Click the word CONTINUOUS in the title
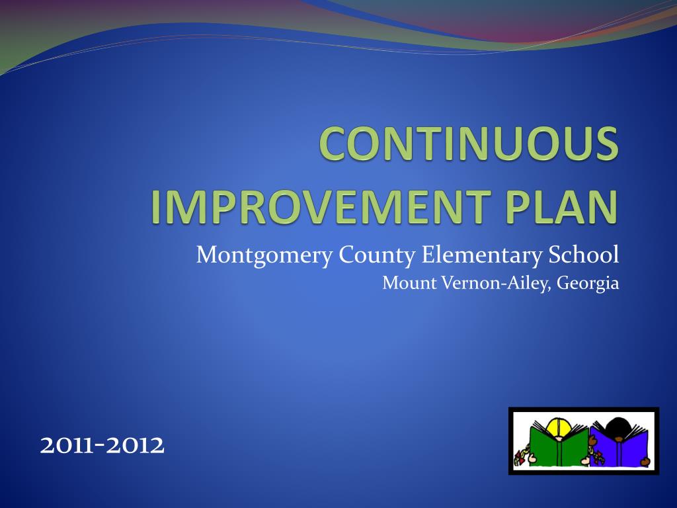point(469,144)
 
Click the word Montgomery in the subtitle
point(264,255)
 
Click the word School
point(583,255)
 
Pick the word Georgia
point(588,284)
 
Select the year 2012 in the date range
point(135,445)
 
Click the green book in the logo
point(559,446)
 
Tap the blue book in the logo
point(618,447)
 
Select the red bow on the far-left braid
point(518,458)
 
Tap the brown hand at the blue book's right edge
point(645,462)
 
